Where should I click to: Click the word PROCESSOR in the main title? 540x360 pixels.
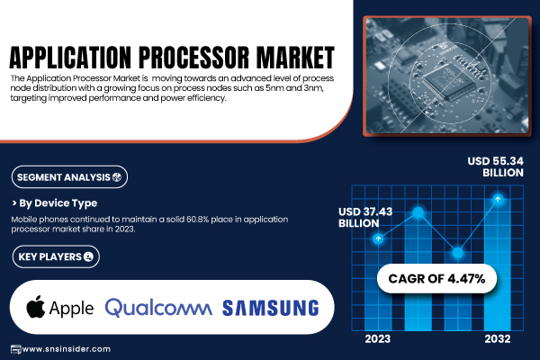(x=193, y=57)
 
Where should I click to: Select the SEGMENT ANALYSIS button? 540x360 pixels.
(x=69, y=177)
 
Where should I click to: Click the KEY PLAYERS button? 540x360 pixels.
(x=56, y=256)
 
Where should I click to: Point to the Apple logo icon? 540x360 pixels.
(x=35, y=306)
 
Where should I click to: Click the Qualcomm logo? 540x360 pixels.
(x=158, y=308)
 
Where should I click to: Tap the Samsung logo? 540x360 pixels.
(x=271, y=308)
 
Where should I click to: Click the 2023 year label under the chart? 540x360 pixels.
(x=378, y=339)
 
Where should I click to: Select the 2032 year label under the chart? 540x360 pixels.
(x=498, y=339)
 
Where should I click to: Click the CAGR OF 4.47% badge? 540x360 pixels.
(x=436, y=279)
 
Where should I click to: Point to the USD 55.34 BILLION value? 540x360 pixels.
(x=496, y=166)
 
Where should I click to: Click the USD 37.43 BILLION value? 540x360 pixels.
(x=365, y=218)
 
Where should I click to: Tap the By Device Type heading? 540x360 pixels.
(x=54, y=203)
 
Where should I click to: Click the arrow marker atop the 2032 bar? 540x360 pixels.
(x=498, y=199)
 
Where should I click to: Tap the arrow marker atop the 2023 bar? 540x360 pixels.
(x=379, y=238)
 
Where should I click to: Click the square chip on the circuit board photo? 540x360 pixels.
(x=446, y=81)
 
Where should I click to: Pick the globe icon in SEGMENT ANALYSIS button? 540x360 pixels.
(x=117, y=177)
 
